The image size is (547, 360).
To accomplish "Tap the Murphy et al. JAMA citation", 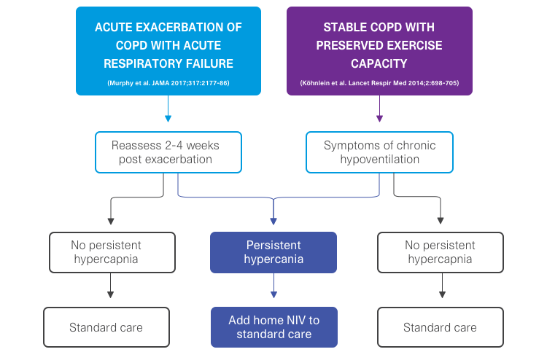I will coord(168,83).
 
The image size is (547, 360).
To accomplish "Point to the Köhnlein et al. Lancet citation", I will coord(379,83).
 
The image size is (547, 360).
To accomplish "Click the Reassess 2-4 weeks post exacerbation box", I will coord(168,152).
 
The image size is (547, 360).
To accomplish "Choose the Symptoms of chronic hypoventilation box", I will coord(379,152).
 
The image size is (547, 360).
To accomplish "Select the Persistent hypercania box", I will coord(273,252).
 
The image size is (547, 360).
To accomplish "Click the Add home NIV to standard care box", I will coord(273,326).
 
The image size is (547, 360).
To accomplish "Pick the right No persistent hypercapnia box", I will coord(441,252).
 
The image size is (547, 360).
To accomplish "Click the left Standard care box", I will coord(107,327).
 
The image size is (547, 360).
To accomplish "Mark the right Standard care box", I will coord(441,327).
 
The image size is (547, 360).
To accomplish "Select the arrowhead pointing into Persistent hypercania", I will coord(273,220).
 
